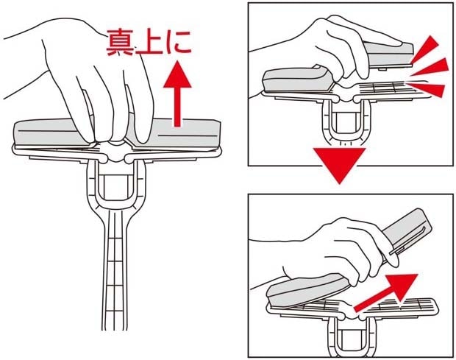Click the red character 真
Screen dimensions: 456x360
coord(121,43)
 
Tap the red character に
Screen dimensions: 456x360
coord(178,43)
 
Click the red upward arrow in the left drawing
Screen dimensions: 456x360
coord(177,93)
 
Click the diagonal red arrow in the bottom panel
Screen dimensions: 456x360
coord(387,292)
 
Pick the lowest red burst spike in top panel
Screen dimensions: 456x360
coord(427,88)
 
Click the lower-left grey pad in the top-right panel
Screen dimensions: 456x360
coord(296,80)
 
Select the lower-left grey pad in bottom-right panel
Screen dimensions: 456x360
coord(308,291)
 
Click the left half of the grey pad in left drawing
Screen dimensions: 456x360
coord(49,133)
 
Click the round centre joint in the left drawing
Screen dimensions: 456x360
coord(115,151)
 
